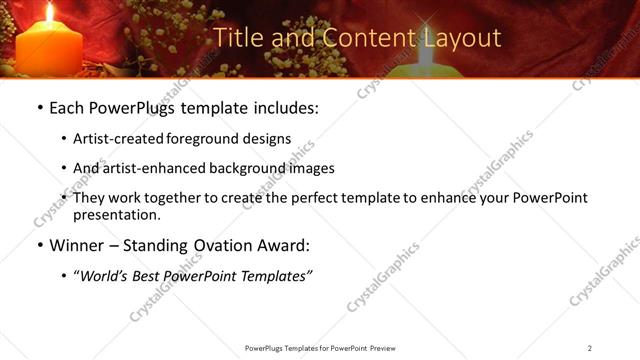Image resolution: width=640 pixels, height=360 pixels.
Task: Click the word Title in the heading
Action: pyautogui.click(x=237, y=38)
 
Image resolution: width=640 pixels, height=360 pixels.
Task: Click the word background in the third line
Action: pyautogui.click(x=261, y=168)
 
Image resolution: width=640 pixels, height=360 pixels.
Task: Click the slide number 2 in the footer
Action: pyautogui.click(x=590, y=348)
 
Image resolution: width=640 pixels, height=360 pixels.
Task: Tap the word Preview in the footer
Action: pyautogui.click(x=385, y=348)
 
